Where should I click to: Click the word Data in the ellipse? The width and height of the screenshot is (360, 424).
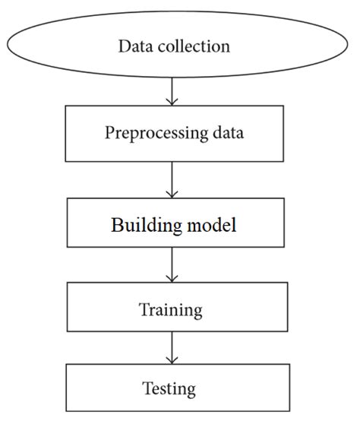click(x=134, y=46)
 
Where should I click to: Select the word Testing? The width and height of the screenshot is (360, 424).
click(x=169, y=390)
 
